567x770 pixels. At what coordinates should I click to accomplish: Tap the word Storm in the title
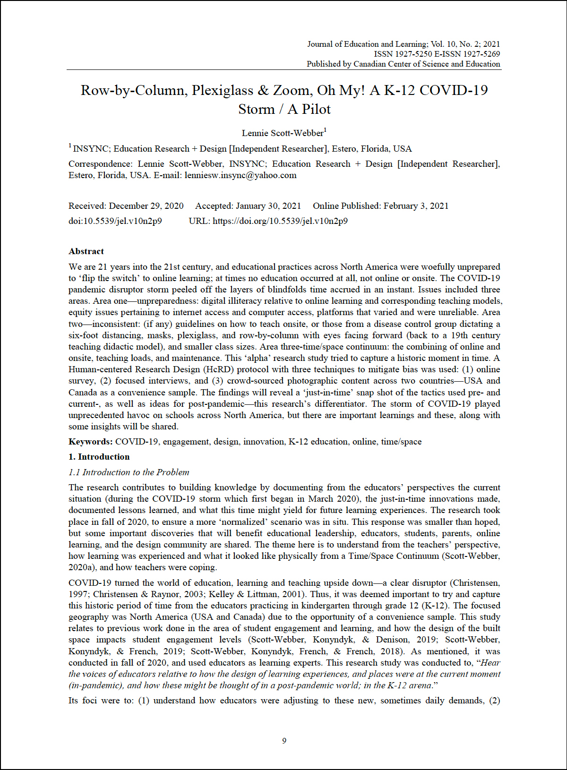[x=256, y=109]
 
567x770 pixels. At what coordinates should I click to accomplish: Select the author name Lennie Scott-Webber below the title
[x=283, y=133]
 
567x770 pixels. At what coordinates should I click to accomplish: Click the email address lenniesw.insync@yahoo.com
[x=241, y=175]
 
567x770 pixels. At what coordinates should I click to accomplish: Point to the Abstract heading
[x=86, y=251]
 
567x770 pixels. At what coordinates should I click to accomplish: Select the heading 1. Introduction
[x=99, y=457]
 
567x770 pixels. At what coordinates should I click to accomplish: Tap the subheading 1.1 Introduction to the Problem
[x=129, y=472]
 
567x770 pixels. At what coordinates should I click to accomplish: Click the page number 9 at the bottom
[x=284, y=741]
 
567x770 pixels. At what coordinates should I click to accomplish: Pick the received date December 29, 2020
[x=146, y=206]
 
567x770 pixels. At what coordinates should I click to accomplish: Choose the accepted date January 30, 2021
[x=268, y=206]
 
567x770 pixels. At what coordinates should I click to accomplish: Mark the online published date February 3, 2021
[x=416, y=206]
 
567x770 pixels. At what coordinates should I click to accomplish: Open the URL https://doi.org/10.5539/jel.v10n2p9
[x=280, y=221]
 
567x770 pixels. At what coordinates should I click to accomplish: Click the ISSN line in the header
[x=437, y=54]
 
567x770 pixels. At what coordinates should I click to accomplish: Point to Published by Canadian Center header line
[x=403, y=64]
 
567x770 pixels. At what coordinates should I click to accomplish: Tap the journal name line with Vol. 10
[x=403, y=44]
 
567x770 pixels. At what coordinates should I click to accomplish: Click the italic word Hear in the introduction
[x=490, y=663]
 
